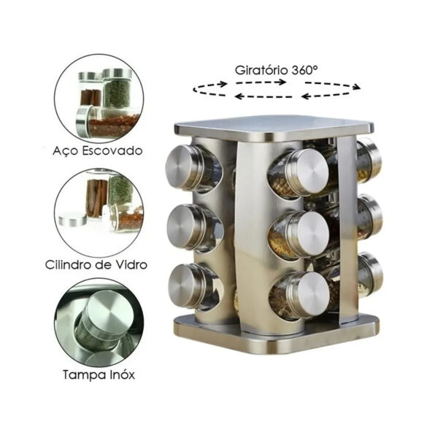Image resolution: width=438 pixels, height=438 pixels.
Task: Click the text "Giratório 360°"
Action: pos(276,70)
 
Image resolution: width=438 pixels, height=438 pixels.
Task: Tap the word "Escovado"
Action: pos(112,151)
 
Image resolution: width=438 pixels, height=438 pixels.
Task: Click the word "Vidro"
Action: pos(131,264)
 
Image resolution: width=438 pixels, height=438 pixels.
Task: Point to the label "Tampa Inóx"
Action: pos(99,374)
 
